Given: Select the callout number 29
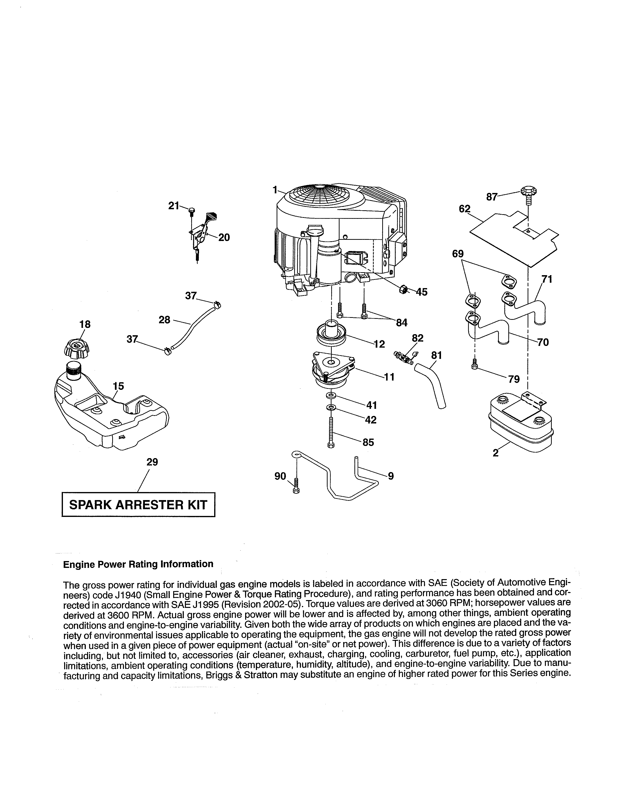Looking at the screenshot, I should coord(152,462).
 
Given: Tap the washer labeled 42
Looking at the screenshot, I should coord(331,408).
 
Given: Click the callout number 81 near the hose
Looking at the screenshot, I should coord(436,355).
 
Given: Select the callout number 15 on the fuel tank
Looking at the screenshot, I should coord(118,386).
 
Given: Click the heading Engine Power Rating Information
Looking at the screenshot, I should coord(138,564).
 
